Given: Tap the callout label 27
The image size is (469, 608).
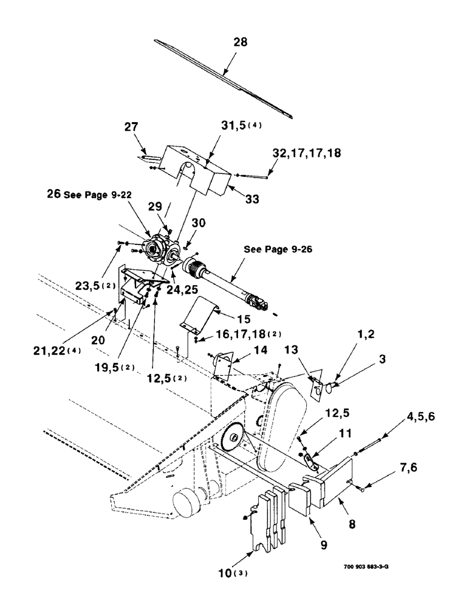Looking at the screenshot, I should [x=131, y=127].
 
